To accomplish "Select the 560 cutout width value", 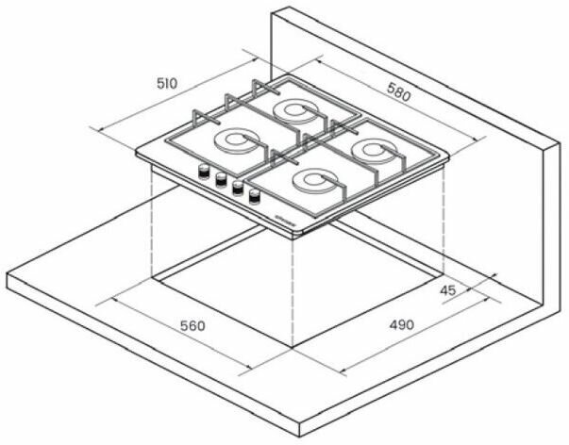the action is [x=192, y=325].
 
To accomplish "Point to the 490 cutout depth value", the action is [x=402, y=325].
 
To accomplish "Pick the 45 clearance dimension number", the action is [x=447, y=291].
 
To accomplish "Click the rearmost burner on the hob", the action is [x=294, y=112].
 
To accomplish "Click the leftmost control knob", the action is [x=202, y=171].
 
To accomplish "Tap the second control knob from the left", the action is [x=220, y=179].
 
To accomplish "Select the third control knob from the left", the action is [x=238, y=188].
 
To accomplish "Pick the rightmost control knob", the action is [x=256, y=196].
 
